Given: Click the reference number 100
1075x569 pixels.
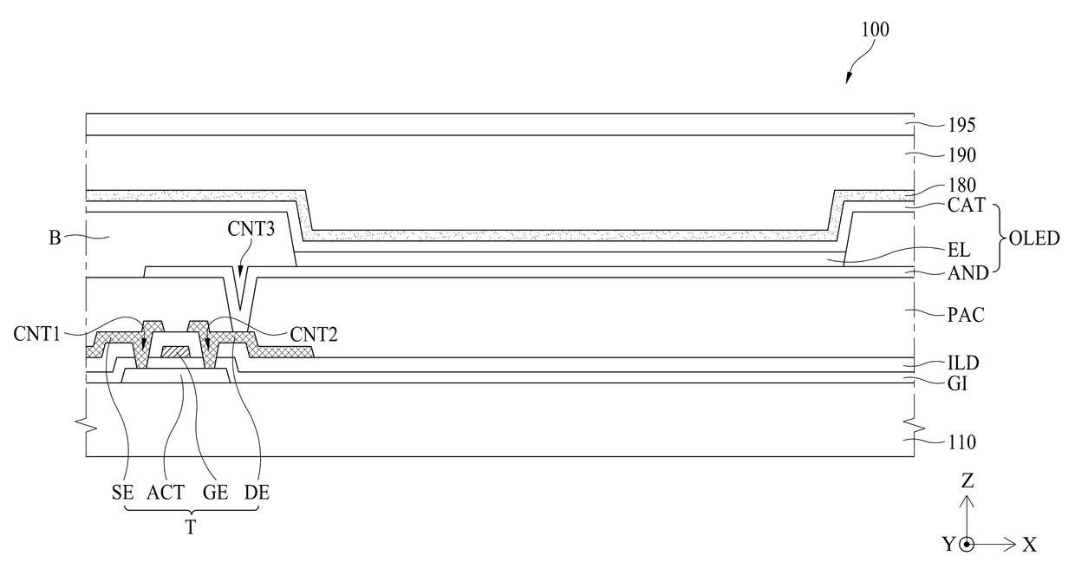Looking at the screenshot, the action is point(875,29).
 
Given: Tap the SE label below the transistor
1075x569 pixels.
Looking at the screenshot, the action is point(122,493).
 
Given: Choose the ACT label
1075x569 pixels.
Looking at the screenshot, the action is point(166,493).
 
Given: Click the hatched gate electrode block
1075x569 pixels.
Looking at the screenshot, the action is point(176,351).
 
